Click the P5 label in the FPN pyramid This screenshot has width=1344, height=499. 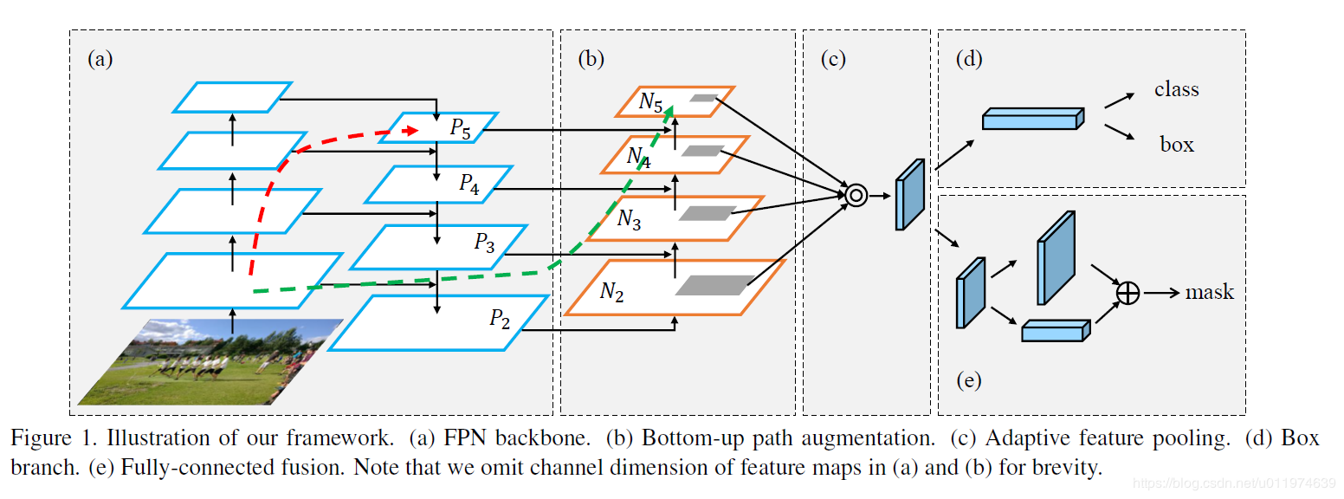pos(460,128)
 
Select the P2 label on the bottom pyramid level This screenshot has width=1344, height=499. pos(500,319)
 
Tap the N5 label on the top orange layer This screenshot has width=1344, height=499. pos(651,102)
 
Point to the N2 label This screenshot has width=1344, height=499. pos(611,292)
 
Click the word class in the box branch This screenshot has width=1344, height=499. pos(1177,89)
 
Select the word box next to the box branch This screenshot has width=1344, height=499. pos(1177,145)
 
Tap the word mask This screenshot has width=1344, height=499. pos(1210,293)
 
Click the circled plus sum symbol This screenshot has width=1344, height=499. pos(1128,293)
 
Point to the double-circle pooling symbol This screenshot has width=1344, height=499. pos(856,196)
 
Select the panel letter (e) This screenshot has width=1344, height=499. pos(968,379)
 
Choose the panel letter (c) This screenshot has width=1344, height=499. pos(837,59)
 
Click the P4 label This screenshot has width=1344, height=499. pos(468,184)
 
